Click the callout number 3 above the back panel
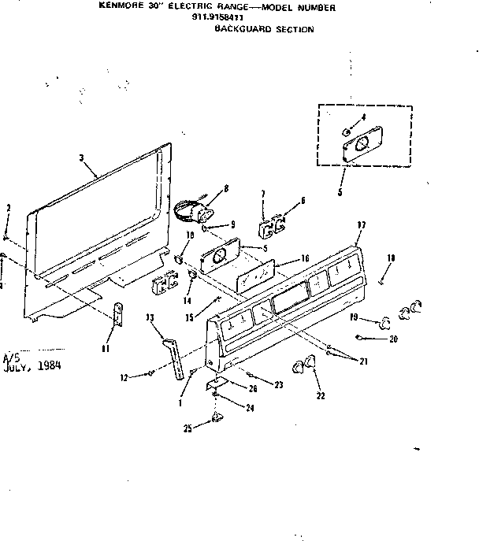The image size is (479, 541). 81,158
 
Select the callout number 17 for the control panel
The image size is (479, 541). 361,225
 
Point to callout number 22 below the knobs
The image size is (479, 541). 319,396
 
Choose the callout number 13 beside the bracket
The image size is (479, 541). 149,317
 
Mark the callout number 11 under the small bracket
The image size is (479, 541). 107,347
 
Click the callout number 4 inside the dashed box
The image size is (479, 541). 362,117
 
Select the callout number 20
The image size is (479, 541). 394,339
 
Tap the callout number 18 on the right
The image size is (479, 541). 391,258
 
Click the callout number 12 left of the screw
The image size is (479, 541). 124,379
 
